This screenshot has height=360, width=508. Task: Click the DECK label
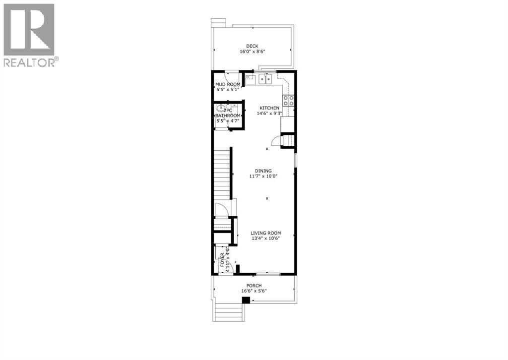click(x=253, y=46)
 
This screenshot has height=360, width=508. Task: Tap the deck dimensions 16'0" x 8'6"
click(x=253, y=52)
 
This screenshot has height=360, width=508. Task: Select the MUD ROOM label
click(x=227, y=84)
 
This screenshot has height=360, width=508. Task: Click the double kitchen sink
click(x=264, y=78)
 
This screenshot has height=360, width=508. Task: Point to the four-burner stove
click(x=289, y=101)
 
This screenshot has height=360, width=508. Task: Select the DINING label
click(x=263, y=171)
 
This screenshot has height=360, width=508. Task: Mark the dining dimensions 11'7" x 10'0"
click(x=263, y=176)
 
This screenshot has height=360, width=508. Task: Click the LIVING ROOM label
click(x=266, y=233)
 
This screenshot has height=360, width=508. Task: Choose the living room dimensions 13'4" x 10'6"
click(x=266, y=239)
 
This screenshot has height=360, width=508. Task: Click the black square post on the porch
click(x=245, y=300)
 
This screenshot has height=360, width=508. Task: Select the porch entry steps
click(x=229, y=312)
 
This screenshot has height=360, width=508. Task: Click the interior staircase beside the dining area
click(x=223, y=174)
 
